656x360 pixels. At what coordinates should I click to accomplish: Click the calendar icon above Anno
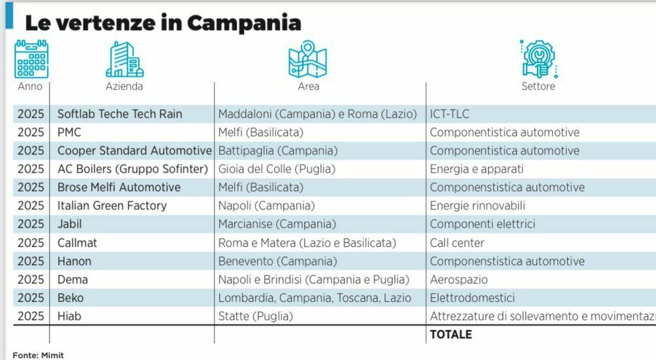click(31, 59)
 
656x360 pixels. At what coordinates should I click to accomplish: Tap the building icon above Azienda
click(125, 59)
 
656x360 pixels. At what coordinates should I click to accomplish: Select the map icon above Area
click(307, 59)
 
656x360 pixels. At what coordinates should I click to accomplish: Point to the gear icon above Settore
click(538, 59)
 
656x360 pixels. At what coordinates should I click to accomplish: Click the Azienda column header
click(124, 86)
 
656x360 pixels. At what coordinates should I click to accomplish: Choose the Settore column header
click(538, 86)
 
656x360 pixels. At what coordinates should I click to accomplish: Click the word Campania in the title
click(243, 23)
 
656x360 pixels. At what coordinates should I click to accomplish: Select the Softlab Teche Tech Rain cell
click(119, 114)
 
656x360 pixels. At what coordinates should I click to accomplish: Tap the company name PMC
click(69, 132)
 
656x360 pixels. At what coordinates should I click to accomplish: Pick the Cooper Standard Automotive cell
click(134, 151)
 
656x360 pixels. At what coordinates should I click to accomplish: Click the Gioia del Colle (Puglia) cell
click(277, 169)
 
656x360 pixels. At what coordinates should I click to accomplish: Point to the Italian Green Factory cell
click(112, 206)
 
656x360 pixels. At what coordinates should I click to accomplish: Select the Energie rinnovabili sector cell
click(477, 206)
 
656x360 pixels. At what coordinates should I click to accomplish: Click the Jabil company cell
click(69, 224)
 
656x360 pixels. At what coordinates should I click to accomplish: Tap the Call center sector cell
click(457, 243)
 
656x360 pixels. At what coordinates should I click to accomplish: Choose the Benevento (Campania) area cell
click(277, 261)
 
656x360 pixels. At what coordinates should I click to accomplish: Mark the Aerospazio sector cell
click(459, 279)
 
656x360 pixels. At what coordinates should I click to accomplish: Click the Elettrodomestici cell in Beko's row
click(472, 298)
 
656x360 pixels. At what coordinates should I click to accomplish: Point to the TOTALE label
click(450, 334)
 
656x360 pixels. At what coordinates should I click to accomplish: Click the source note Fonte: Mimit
click(38, 355)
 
